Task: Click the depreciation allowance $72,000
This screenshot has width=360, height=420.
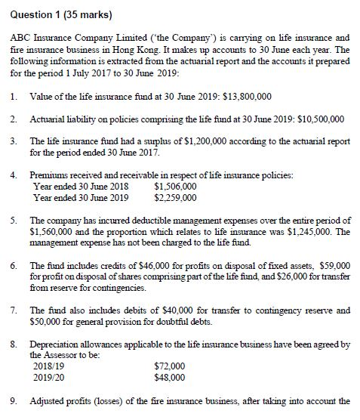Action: pos(168,365)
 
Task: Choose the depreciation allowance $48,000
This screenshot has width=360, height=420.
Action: pos(168,375)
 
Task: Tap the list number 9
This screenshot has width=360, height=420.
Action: pos(14,401)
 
